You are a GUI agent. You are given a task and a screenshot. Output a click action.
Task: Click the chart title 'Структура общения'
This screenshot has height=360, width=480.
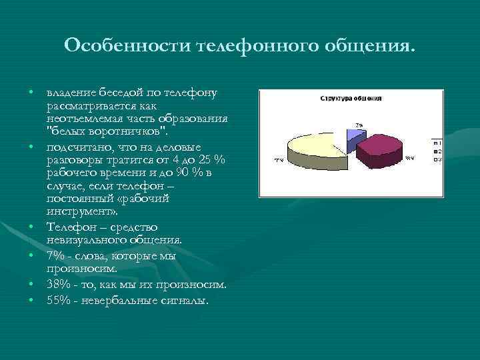pos(351,98)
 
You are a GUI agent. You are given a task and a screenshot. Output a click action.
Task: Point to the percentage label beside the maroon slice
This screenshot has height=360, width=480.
pos(409,159)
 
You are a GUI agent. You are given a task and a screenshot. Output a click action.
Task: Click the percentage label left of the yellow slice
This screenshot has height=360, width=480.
pos(279,161)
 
